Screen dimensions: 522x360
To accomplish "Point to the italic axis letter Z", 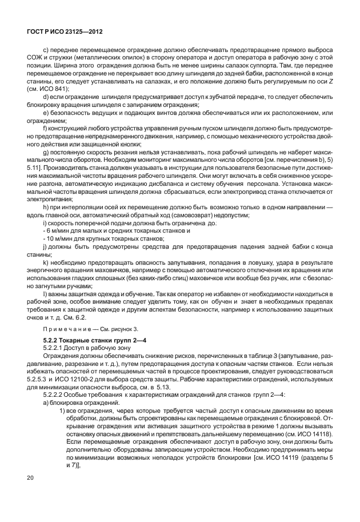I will [330, 81].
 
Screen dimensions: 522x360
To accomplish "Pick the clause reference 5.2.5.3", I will [40, 378].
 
